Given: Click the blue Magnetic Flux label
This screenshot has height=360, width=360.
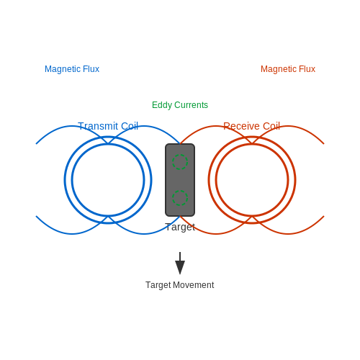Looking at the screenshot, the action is pyautogui.click(x=72, y=69).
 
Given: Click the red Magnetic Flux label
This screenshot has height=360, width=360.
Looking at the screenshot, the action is pyautogui.click(x=288, y=69).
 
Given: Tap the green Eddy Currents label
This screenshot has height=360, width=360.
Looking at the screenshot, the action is pyautogui.click(x=180, y=105).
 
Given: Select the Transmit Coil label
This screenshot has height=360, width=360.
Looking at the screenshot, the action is pyautogui.click(x=108, y=126).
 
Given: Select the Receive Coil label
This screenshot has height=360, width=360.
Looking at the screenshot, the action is pyautogui.click(x=252, y=126).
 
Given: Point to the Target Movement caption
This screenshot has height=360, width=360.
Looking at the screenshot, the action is pyautogui.click(x=180, y=285).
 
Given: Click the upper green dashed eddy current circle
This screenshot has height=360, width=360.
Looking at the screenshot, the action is pyautogui.click(x=180, y=162).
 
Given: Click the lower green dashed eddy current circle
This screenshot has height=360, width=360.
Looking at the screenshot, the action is pyautogui.click(x=180, y=198).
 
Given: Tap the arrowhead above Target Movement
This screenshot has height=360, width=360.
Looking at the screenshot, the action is pyautogui.click(x=180, y=267).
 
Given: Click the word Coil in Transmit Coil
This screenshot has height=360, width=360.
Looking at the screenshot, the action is pyautogui.click(x=130, y=126).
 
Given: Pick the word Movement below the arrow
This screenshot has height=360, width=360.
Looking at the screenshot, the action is pyautogui.click(x=194, y=285).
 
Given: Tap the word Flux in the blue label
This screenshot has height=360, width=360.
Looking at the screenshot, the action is pyautogui.click(x=91, y=69).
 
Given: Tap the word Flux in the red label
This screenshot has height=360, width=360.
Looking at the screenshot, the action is pyautogui.click(x=307, y=69).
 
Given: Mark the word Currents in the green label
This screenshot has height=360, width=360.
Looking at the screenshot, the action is pyautogui.click(x=192, y=105).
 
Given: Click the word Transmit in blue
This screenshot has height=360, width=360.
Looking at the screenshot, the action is pyautogui.click(x=98, y=126).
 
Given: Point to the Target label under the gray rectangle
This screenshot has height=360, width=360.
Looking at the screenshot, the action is pyautogui.click(x=180, y=227).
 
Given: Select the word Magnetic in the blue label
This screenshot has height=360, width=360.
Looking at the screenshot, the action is pyautogui.click(x=63, y=69).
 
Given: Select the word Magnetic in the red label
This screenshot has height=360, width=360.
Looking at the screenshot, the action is pyautogui.click(x=279, y=69).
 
